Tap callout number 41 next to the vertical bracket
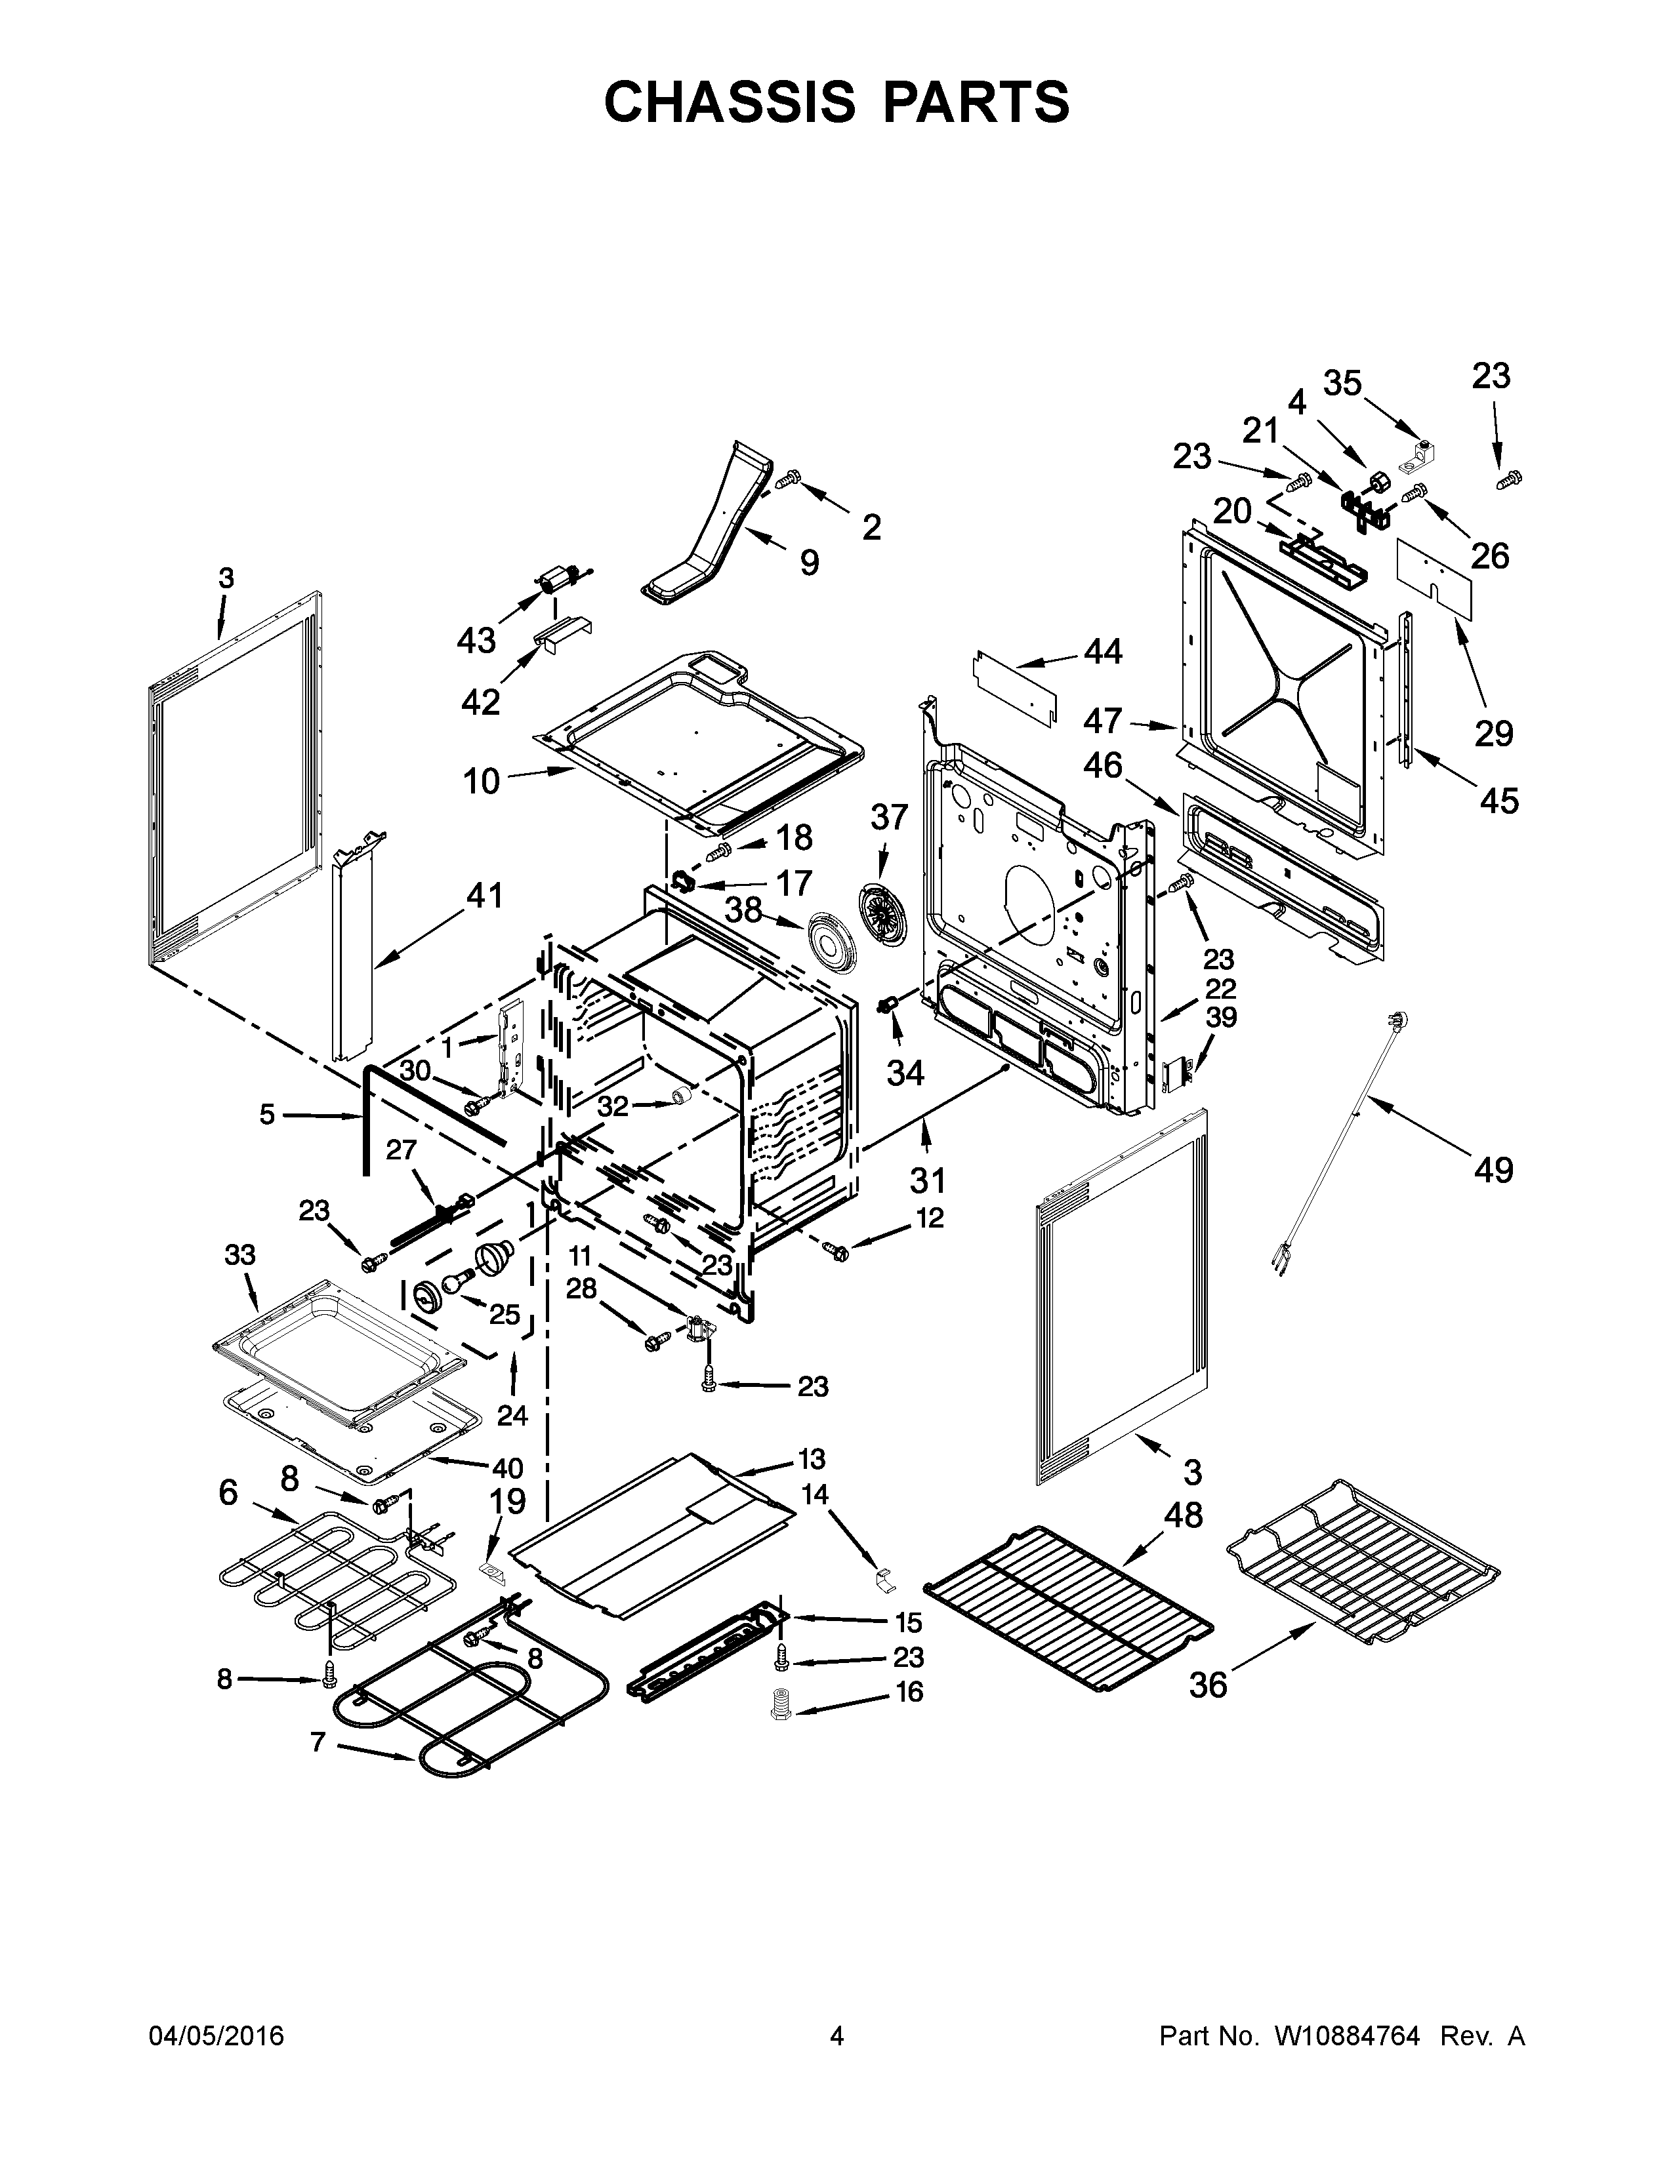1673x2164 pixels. pyautogui.click(x=485, y=896)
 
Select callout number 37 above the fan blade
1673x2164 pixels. pyautogui.click(x=889, y=818)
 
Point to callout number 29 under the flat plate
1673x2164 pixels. pyautogui.click(x=1494, y=733)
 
